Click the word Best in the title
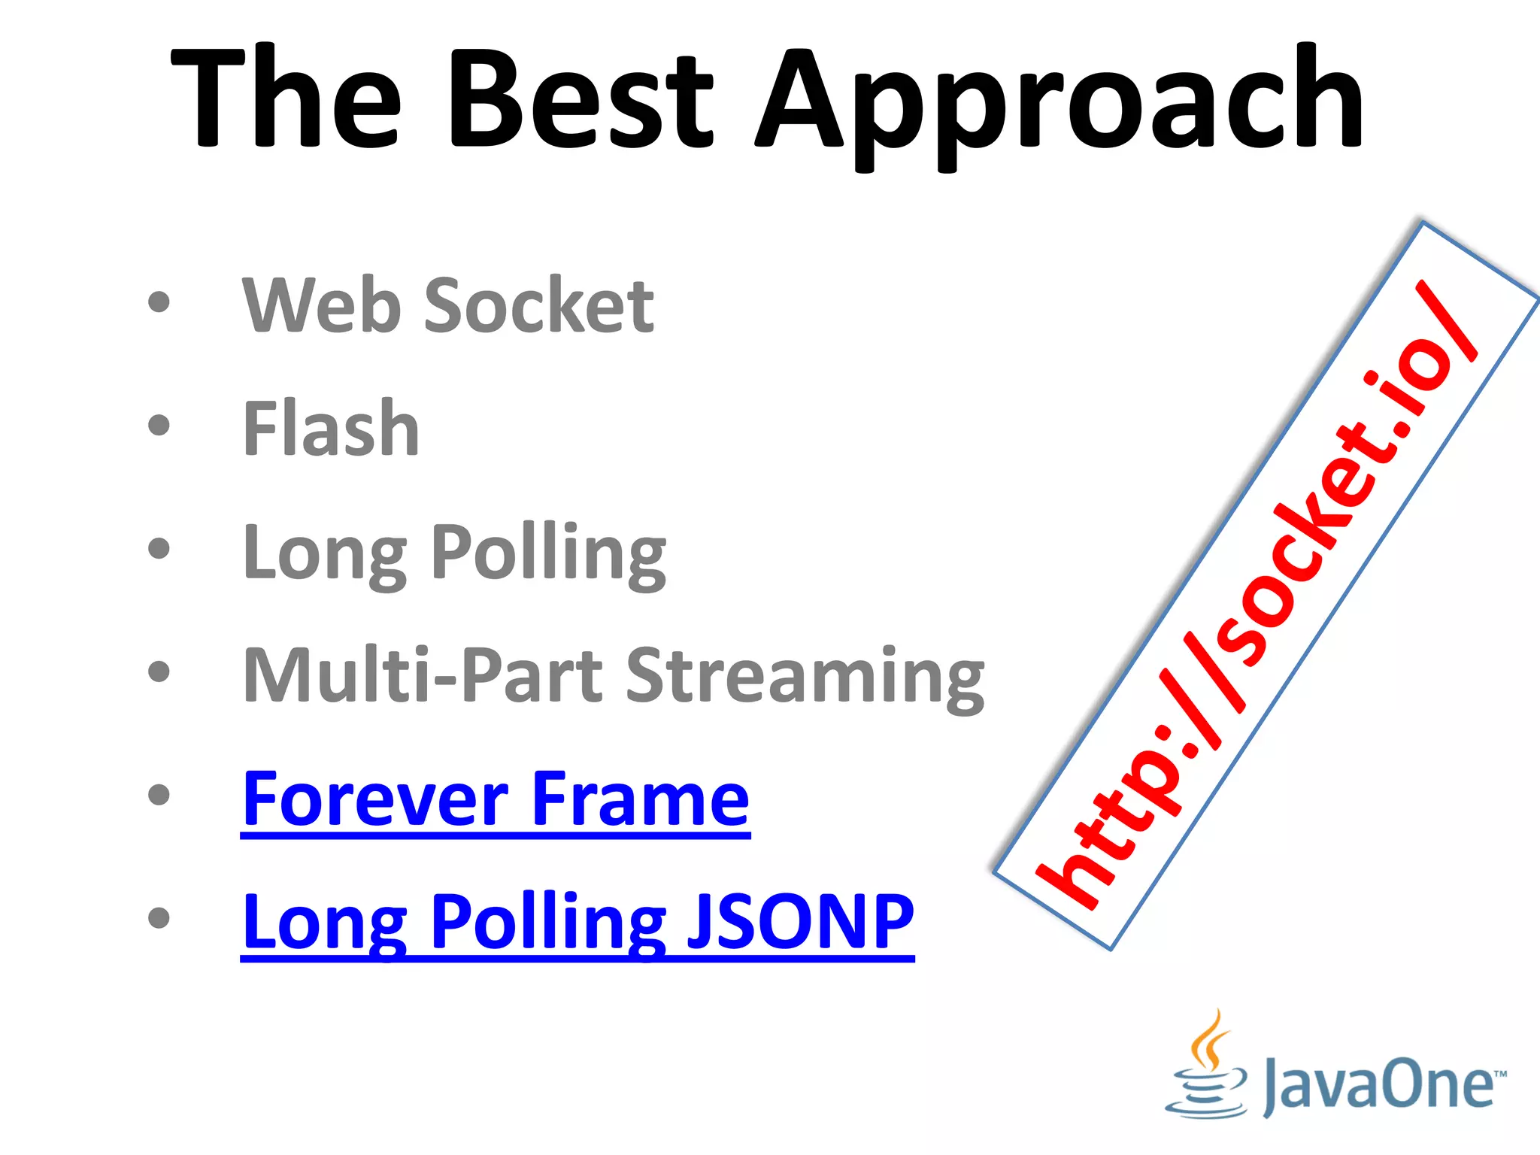tap(580, 98)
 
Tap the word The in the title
tap(285, 98)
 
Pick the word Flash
tap(331, 428)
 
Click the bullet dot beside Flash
tap(159, 426)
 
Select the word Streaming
tap(805, 677)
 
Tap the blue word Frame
tap(640, 799)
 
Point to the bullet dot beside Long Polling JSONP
tap(159, 917)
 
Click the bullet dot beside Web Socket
tap(159, 302)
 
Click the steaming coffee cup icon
tap(1207, 1069)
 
